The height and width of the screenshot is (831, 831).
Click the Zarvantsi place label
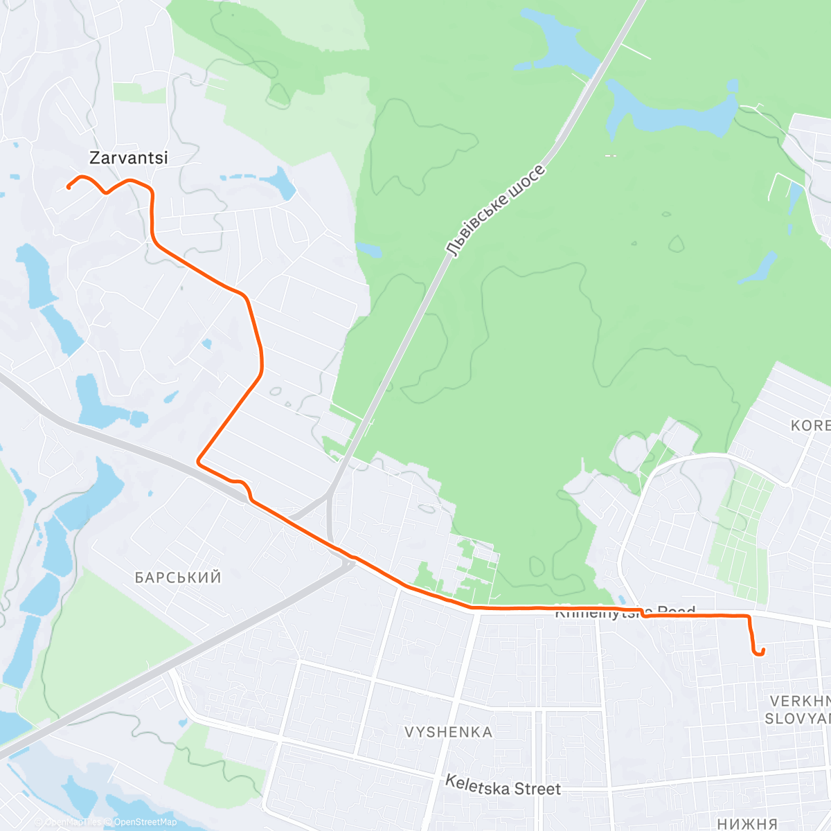pyautogui.click(x=129, y=158)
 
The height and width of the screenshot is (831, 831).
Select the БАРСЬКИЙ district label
pyautogui.click(x=178, y=578)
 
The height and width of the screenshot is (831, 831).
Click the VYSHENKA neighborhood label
pyautogui.click(x=449, y=732)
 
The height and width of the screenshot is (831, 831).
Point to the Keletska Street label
pyautogui.click(x=503, y=785)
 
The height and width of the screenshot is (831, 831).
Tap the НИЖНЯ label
pyautogui.click(x=747, y=823)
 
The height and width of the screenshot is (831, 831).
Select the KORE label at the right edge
pyautogui.click(x=810, y=425)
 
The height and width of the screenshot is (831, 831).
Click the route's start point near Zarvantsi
pyautogui.click(x=69, y=187)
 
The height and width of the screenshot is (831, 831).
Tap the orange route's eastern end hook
pyautogui.click(x=760, y=652)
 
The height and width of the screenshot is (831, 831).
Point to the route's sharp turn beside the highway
pyautogui.click(x=199, y=461)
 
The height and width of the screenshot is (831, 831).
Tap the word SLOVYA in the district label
pyautogui.click(x=797, y=719)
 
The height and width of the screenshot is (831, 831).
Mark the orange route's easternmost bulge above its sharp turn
pyautogui.click(x=262, y=360)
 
